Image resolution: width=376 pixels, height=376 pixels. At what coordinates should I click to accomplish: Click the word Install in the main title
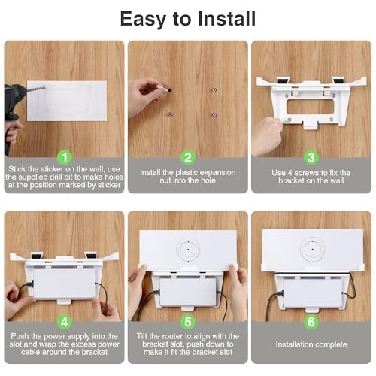click(226, 19)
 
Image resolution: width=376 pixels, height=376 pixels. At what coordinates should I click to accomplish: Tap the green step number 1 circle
click(65, 158)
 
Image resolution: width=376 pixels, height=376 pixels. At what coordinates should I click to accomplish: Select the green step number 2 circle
click(188, 158)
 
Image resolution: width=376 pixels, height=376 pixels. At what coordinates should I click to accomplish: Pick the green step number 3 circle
click(311, 158)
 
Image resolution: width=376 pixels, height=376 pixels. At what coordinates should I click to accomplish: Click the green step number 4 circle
click(65, 322)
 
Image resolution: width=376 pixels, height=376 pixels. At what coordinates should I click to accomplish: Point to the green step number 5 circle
click(188, 322)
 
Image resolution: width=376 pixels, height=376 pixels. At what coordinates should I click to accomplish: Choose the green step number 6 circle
click(311, 322)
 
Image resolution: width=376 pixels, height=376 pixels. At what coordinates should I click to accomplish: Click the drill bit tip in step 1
click(45, 87)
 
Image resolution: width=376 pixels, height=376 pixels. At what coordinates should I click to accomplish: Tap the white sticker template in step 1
click(67, 101)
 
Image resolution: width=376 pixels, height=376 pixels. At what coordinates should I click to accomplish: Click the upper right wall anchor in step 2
click(214, 90)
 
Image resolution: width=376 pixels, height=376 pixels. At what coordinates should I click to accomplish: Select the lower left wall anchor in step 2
click(170, 114)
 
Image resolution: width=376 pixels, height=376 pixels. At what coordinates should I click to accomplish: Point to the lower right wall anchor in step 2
click(214, 114)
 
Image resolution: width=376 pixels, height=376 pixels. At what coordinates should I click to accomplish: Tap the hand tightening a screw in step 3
click(267, 135)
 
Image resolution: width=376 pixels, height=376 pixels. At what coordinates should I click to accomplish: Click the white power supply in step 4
click(65, 283)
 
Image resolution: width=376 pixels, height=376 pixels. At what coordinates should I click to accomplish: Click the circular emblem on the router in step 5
click(188, 250)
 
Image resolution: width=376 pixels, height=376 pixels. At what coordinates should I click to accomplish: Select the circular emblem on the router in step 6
click(312, 250)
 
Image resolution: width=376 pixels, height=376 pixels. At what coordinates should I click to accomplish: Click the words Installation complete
click(311, 344)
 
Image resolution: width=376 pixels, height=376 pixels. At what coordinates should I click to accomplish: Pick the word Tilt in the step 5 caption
click(142, 336)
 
